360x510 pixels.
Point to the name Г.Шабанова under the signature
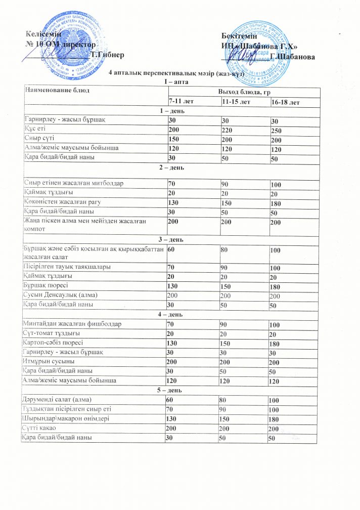tap(293, 57)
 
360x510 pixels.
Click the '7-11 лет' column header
tap(182, 102)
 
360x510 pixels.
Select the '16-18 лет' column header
tap(285, 103)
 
